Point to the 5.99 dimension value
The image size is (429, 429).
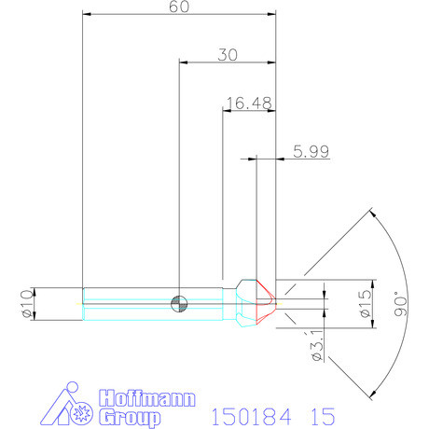[x=311, y=150]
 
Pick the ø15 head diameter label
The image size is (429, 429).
[x=365, y=301]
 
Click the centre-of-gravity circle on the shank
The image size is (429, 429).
[x=179, y=301]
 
